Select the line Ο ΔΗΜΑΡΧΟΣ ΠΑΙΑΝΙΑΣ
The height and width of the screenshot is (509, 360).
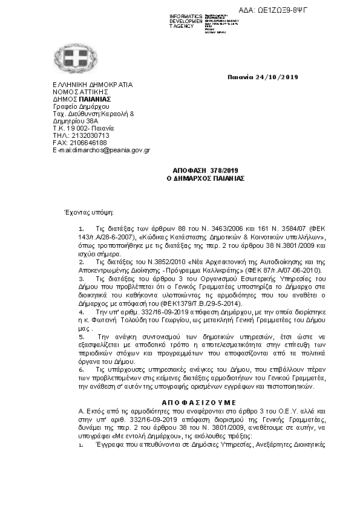(x=205, y=179)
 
